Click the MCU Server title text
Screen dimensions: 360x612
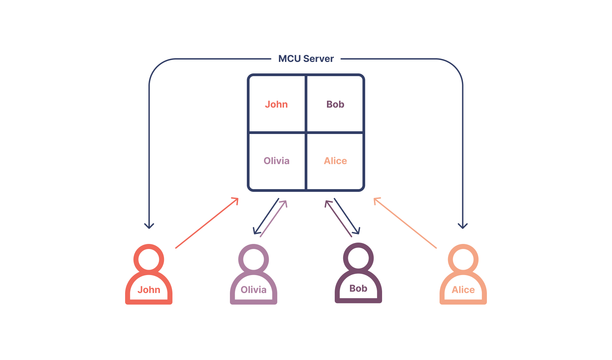coord(306,59)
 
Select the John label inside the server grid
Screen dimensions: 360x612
coord(276,104)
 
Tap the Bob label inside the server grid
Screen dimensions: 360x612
coord(335,104)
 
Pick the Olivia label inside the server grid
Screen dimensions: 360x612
coord(276,161)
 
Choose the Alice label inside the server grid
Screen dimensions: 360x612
coord(335,161)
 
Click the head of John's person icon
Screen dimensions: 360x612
coord(149,260)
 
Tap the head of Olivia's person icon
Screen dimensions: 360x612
coord(254,260)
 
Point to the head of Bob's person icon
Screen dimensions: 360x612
coord(358,258)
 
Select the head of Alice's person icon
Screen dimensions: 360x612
coord(463,260)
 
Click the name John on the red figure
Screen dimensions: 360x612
coord(149,290)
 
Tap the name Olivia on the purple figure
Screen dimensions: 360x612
coord(254,290)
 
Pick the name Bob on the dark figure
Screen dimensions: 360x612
coord(358,288)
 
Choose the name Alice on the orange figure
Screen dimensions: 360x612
coord(463,290)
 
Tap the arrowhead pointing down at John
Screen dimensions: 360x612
coord(149,226)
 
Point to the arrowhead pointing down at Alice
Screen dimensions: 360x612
coord(463,226)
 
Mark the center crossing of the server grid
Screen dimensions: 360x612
coord(306,133)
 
